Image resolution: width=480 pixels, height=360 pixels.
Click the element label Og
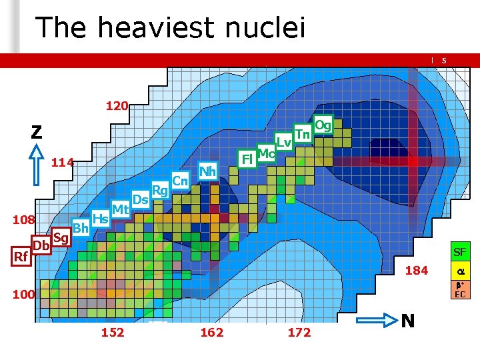point(323,125)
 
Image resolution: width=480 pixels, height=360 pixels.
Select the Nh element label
point(208,171)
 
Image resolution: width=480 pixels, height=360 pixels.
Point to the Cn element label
point(180,180)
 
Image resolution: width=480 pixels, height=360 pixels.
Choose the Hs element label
point(101,218)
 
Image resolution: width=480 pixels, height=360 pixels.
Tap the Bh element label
point(81,228)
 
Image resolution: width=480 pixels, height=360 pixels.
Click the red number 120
point(117,105)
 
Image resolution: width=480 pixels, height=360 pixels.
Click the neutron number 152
point(112,333)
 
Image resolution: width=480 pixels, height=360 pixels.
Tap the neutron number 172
point(299,333)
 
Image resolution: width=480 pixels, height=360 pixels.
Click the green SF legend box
point(460,253)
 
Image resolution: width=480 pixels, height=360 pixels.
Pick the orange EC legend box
point(460,289)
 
